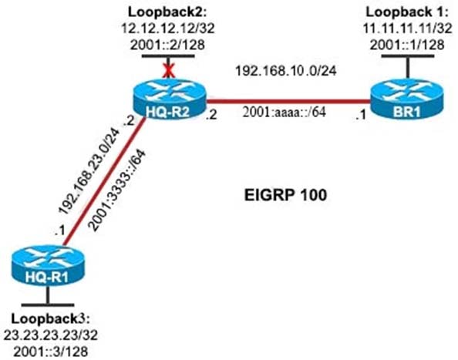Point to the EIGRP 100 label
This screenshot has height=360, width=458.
coord(285,195)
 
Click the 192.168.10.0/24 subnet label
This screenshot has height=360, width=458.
coord(286,71)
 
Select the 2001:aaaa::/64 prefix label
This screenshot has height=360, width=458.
coord(284,112)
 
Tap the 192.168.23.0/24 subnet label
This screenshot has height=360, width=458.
coord(89,171)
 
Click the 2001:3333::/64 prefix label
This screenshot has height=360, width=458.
coord(117,190)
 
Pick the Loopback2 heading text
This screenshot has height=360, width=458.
coord(167,12)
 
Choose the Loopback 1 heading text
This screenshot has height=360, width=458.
coord(406,12)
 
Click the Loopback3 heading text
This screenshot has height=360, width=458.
coord(50,319)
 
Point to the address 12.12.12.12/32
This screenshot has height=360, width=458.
coord(167,29)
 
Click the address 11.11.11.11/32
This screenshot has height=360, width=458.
coord(407,29)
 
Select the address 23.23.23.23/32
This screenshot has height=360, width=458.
coord(51,335)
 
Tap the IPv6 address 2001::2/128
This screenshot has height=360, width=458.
coord(167,45)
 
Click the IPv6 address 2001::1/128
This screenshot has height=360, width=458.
coord(407,45)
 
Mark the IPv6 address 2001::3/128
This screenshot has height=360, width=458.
coord(51,352)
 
